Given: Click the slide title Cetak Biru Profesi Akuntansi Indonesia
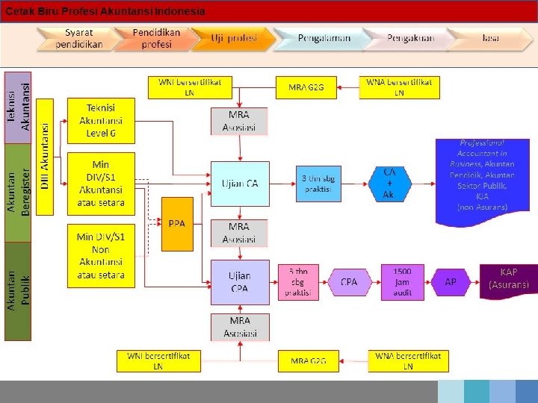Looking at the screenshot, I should pos(105,12).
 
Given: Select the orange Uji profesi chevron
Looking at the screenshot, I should pos(232,39).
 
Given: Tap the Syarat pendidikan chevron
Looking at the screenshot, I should pos(79,39).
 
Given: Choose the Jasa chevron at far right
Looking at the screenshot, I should pos(489,39).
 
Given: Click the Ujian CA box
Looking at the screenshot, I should pos(239,184).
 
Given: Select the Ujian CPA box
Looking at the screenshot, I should pos(239,282).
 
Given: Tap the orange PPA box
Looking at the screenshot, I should pos(177,223).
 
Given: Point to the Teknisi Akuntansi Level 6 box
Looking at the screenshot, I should pos(101,120).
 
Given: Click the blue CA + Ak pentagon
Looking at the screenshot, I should pos(389,183).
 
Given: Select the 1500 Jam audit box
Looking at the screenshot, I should pos(402,282).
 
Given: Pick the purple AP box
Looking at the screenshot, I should pos(451,282).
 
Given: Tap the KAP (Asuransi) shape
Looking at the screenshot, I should pos(509,278).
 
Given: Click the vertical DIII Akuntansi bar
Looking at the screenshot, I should pos(45,157).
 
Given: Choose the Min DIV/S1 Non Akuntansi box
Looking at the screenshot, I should pos(101,255).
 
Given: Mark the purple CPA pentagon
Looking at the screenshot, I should pos(348,282).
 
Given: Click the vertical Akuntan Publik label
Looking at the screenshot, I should pos(19,291).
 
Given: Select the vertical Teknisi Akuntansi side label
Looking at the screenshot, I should pos(19,107).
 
